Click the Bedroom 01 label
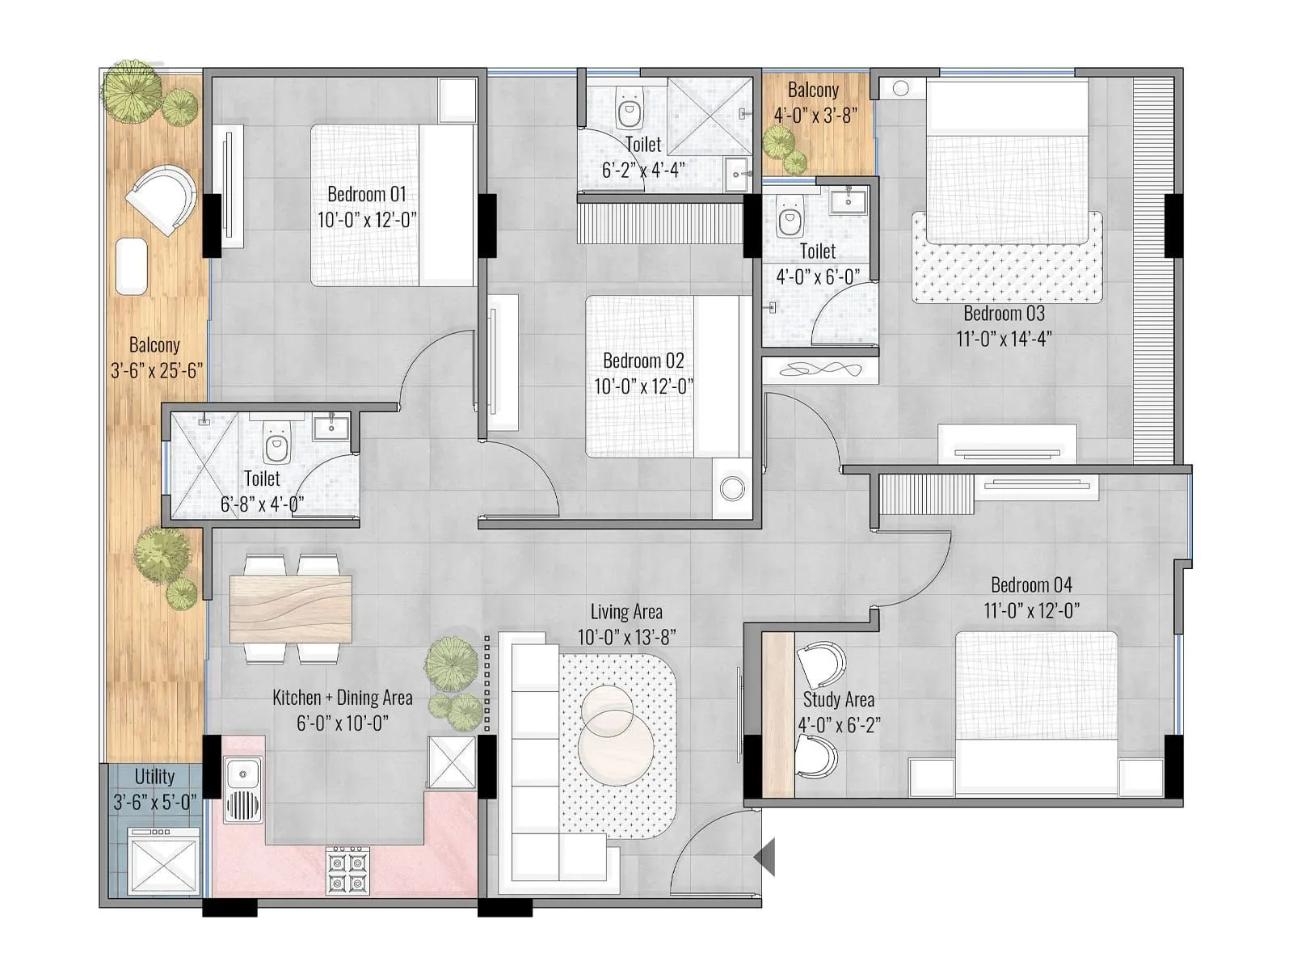[x=366, y=194]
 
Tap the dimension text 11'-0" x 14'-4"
[x=1004, y=339]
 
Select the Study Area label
[x=838, y=699]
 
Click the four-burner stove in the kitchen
[x=347, y=870]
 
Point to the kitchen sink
[x=242, y=774]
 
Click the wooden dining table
[x=291, y=608]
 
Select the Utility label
[x=154, y=776]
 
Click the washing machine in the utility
[x=165, y=862]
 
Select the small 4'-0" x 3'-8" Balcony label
[x=813, y=90]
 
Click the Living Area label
[x=625, y=612]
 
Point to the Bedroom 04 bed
[x=1036, y=711]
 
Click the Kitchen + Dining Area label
[x=342, y=698]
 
